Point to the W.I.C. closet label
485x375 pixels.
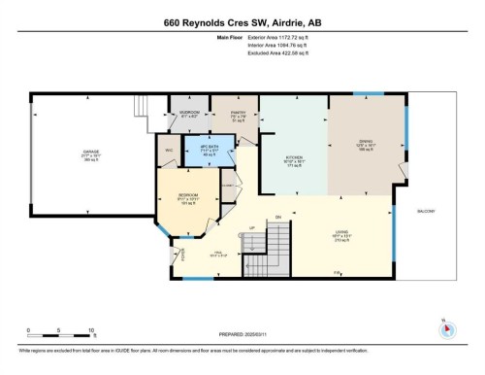[x=169, y=150]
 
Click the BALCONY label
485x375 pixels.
[x=426, y=211]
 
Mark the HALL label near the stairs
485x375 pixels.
[x=217, y=256]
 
